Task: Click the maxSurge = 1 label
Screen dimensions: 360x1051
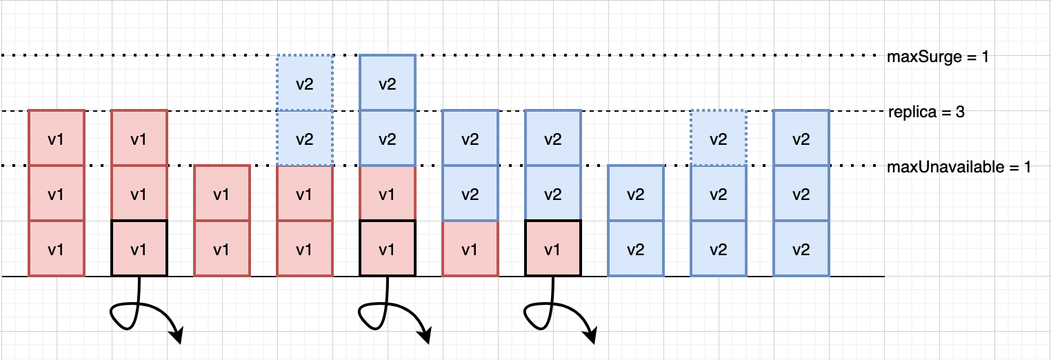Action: click(x=938, y=57)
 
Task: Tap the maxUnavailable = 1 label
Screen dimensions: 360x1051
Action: click(x=959, y=167)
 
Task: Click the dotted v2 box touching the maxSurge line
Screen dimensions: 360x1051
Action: click(x=305, y=83)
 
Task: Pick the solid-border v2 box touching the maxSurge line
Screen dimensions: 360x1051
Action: click(x=388, y=83)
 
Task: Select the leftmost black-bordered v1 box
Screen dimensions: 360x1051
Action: click(x=139, y=248)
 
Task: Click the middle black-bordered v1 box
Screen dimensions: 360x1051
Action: click(x=388, y=248)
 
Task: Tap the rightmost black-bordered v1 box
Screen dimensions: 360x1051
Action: click(x=553, y=248)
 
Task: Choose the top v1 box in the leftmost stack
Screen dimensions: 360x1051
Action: click(x=57, y=139)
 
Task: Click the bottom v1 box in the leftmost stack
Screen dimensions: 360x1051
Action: click(x=57, y=248)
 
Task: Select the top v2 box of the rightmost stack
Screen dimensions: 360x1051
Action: click(x=801, y=139)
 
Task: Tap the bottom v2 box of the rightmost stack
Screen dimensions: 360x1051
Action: click(x=801, y=248)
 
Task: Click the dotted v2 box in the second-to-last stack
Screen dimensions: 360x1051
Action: click(x=719, y=139)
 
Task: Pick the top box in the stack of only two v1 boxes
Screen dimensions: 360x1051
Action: click(x=222, y=194)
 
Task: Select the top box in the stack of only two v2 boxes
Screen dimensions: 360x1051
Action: click(x=636, y=194)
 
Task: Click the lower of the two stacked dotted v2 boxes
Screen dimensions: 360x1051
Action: click(x=305, y=139)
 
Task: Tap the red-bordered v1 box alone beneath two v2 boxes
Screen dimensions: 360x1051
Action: click(x=470, y=248)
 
